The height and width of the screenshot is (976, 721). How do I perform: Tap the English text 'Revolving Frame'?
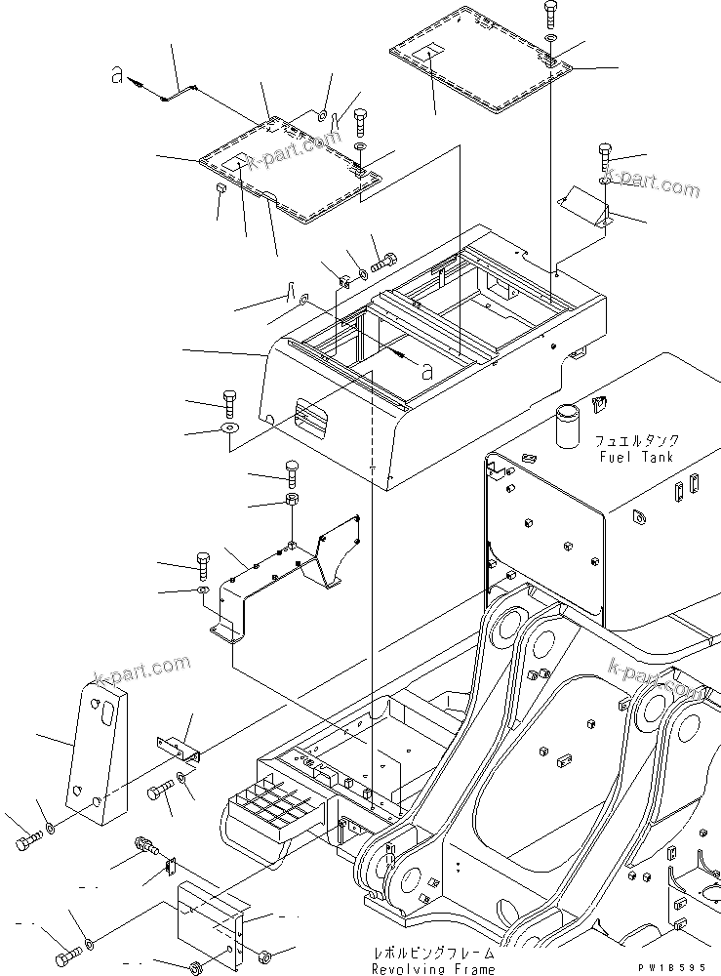point(434,968)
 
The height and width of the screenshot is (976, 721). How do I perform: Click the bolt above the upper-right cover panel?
point(552,15)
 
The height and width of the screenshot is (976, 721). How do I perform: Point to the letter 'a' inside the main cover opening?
point(426,369)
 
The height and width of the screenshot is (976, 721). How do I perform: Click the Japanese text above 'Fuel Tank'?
point(639,441)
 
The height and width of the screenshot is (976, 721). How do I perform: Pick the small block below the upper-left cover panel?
point(221,188)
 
